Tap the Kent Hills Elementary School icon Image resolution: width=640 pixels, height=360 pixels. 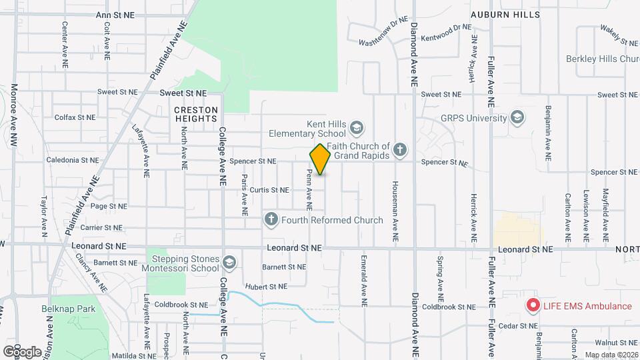[x=357, y=127]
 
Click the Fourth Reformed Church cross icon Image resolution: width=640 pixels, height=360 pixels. [x=271, y=219]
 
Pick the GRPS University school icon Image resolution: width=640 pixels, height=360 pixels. [x=517, y=119]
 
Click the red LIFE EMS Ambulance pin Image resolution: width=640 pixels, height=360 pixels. [x=533, y=306]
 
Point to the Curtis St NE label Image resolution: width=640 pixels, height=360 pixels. [x=265, y=190]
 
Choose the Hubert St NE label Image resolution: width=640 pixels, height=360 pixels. [x=265, y=286]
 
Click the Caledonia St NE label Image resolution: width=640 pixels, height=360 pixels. [x=73, y=161]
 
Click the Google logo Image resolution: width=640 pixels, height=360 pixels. [x=22, y=351]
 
